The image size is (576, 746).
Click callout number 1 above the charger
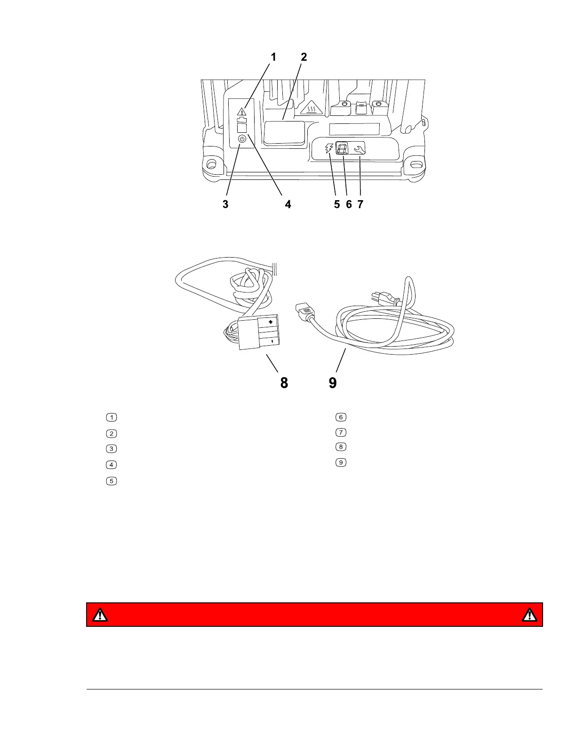273,57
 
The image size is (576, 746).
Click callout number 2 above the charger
304,57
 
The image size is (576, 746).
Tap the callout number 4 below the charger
288,204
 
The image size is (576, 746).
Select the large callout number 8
284,383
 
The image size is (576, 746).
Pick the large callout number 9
332,383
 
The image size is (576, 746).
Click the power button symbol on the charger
241,139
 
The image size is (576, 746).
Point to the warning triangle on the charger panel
241,112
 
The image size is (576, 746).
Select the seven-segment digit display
342,149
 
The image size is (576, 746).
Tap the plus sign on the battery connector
271,322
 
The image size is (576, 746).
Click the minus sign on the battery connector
272,340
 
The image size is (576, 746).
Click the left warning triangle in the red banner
100,615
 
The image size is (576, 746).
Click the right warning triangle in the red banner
529,615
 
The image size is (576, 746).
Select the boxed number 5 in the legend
111,481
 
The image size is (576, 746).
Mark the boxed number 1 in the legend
111,417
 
